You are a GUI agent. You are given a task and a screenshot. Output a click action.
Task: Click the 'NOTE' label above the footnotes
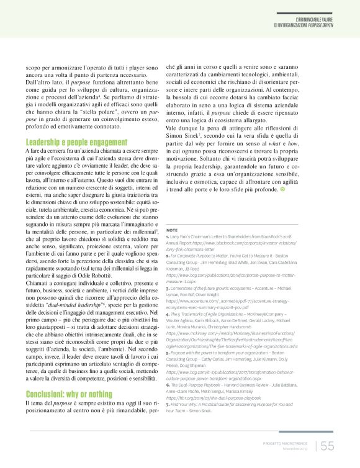pos(173,230)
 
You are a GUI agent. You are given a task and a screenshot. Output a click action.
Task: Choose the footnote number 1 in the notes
pos(168,238)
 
